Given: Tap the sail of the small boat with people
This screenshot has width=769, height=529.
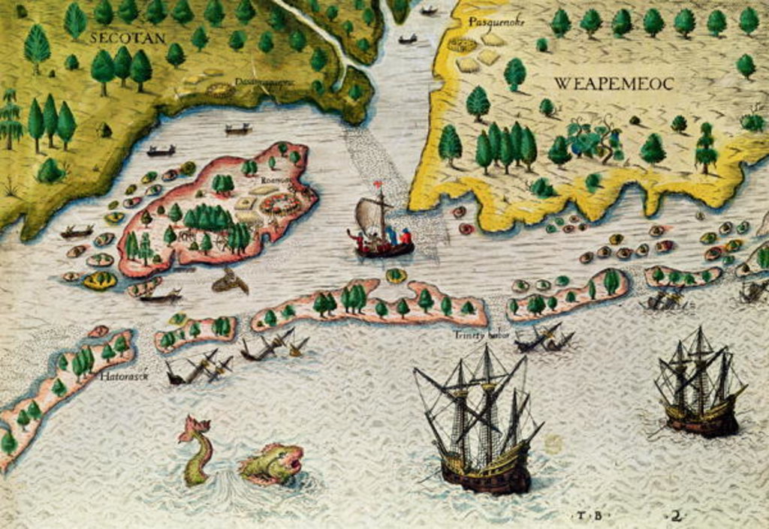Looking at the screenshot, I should (369, 215).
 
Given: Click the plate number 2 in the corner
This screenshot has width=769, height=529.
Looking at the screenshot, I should (677, 515).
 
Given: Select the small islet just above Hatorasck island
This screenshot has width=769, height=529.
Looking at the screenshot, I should (98, 331).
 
